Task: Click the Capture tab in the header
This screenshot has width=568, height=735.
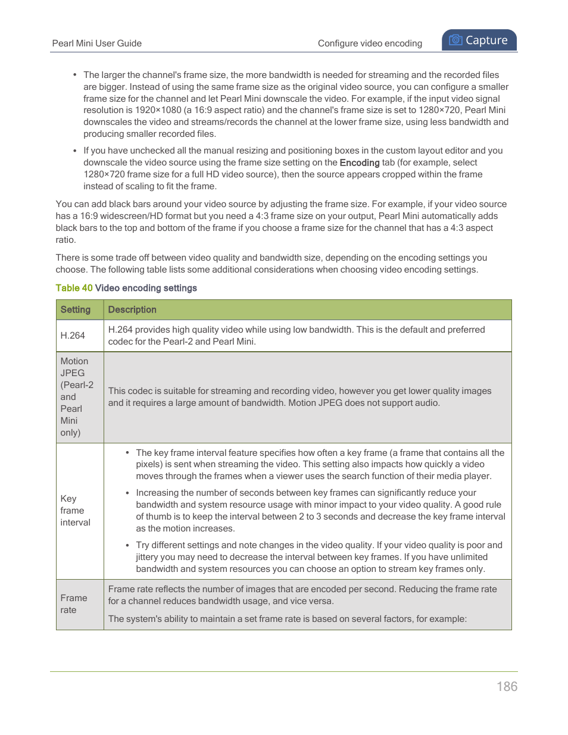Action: (x=479, y=40)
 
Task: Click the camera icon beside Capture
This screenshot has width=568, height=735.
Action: (x=455, y=40)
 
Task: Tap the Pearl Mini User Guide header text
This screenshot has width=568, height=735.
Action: (x=96, y=43)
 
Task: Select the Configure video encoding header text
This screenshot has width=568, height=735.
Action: (x=370, y=43)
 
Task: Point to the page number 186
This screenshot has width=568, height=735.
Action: (x=507, y=687)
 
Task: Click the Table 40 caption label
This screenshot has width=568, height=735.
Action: (x=74, y=288)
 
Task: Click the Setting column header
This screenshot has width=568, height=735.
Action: (x=76, y=310)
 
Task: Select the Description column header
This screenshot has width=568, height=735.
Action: (x=132, y=310)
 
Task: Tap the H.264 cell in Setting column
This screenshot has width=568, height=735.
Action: (x=73, y=336)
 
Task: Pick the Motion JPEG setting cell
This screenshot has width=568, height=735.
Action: (x=76, y=397)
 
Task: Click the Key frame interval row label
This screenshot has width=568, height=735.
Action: (x=75, y=511)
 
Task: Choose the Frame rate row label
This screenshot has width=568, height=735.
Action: (x=73, y=604)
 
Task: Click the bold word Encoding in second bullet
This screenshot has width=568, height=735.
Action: (x=359, y=163)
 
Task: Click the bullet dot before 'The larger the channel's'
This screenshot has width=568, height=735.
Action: (x=75, y=75)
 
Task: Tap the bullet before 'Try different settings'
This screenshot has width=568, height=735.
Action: (x=127, y=545)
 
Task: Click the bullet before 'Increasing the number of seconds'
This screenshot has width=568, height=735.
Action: (x=127, y=493)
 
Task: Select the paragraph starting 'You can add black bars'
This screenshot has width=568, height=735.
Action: (x=281, y=222)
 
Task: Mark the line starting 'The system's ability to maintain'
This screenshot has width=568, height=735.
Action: (x=287, y=619)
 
